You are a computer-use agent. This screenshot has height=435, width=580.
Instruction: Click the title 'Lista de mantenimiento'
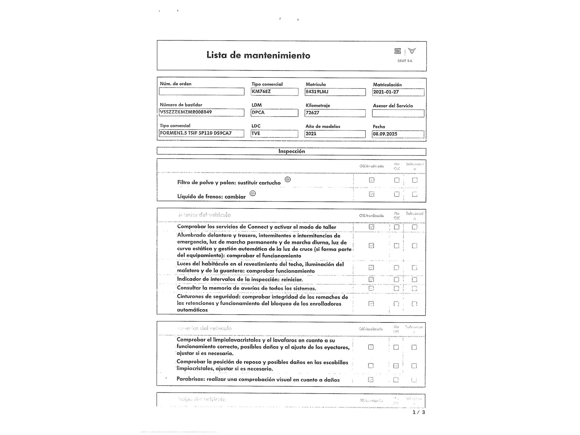pyautogui.click(x=258, y=55)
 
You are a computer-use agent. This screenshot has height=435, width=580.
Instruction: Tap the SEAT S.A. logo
pyautogui.click(x=405, y=55)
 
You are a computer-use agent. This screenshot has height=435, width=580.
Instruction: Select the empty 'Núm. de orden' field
pyautogui.click(x=202, y=92)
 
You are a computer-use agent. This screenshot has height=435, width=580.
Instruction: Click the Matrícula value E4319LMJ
pyautogui.click(x=335, y=92)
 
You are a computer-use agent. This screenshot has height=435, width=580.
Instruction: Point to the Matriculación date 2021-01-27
pyautogui.click(x=398, y=92)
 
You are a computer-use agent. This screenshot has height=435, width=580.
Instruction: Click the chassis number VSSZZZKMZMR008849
pyautogui.click(x=202, y=112)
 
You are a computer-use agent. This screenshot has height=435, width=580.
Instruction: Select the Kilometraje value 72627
pyautogui.click(x=335, y=113)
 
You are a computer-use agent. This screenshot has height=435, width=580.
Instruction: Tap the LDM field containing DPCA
pyautogui.click(x=274, y=113)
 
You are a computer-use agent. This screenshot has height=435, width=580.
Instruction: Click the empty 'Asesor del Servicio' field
pyautogui.click(x=398, y=113)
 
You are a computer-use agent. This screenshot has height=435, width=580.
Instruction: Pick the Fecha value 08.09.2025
pyautogui.click(x=398, y=134)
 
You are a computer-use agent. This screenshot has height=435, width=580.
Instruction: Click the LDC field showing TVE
pyautogui.click(x=274, y=133)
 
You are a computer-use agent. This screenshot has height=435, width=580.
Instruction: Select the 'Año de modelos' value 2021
pyautogui.click(x=335, y=134)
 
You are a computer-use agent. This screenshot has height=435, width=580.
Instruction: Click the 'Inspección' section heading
pyautogui.click(x=291, y=151)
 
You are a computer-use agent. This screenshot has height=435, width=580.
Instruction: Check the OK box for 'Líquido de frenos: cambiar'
pyautogui.click(x=371, y=194)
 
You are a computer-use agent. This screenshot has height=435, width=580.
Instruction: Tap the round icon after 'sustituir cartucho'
pyautogui.click(x=287, y=179)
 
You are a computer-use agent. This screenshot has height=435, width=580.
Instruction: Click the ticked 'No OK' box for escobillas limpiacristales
pyautogui.click(x=396, y=366)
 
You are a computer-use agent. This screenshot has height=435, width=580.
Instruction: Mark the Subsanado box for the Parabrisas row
pyautogui.click(x=414, y=380)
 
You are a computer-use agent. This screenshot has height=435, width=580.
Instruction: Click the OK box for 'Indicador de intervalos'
pyautogui.click(x=371, y=280)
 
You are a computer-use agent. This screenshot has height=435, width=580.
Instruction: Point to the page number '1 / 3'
pyautogui.click(x=418, y=412)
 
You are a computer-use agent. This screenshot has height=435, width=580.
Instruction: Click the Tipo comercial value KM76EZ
pyautogui.click(x=274, y=92)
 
